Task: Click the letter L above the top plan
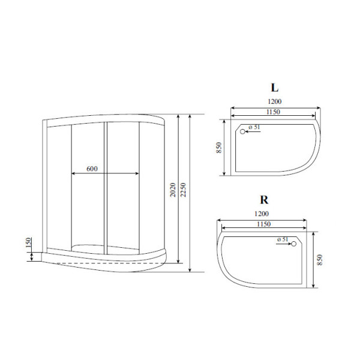point(274,88)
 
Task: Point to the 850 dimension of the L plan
point(220,147)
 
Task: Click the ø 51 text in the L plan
point(254,127)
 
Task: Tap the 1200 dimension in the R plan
point(262,214)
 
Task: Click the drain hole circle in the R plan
point(294,244)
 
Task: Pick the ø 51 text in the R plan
point(283,239)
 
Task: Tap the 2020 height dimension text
point(173,190)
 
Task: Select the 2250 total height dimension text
point(184,190)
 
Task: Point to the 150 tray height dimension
point(28,243)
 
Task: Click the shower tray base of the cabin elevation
point(102,257)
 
